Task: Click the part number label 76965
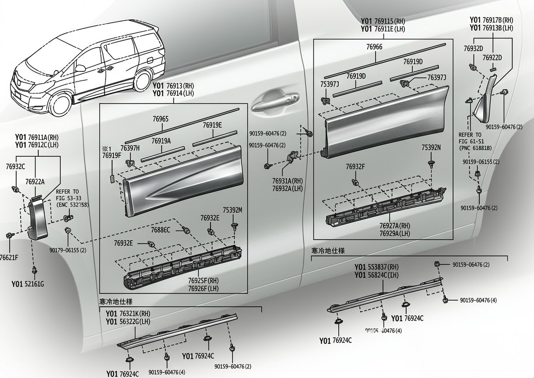pyautogui.click(x=161, y=119)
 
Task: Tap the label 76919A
pyautogui.click(x=161, y=141)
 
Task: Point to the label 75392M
pyautogui.click(x=232, y=210)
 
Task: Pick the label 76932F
pyautogui.click(x=355, y=167)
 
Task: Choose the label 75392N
pyautogui.click(x=431, y=147)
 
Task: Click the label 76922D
pyautogui.click(x=492, y=58)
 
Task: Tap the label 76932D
pyautogui.click(x=473, y=48)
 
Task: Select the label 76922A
pyautogui.click(x=35, y=182)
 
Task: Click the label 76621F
pyautogui.click(x=9, y=257)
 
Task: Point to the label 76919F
pyautogui.click(x=112, y=155)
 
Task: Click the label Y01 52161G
pyautogui.click(x=28, y=284)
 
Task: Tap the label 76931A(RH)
pyautogui.click(x=288, y=181)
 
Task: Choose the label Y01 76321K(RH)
pyautogui.click(x=127, y=314)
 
